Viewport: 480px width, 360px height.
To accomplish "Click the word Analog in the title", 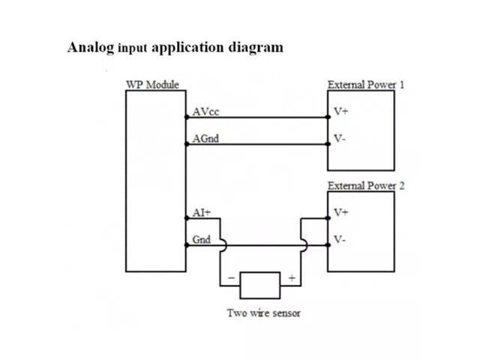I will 91,47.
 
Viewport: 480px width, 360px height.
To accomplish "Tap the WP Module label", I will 151,84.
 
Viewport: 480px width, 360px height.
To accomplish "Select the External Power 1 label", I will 366,84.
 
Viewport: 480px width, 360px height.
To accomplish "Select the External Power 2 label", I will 366,185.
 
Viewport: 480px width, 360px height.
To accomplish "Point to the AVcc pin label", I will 205,112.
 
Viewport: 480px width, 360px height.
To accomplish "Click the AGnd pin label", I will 205,139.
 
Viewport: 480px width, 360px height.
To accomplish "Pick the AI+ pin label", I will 202,212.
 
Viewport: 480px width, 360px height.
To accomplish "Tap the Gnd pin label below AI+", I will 202,240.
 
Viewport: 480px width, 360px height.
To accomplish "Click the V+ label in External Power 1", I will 340,112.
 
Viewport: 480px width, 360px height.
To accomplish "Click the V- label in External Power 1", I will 340,139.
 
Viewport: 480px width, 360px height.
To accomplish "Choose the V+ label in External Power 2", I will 340,212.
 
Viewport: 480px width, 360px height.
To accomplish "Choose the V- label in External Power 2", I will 340,240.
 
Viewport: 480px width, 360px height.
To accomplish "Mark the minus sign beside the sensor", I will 230,278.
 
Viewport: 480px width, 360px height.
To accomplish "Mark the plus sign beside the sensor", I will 290,278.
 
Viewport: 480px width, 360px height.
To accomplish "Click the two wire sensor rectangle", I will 259,284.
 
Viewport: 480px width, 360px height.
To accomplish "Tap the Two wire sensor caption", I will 264,312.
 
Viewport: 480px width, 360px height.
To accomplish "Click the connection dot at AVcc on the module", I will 185,117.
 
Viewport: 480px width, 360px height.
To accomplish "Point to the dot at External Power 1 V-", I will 328,144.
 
